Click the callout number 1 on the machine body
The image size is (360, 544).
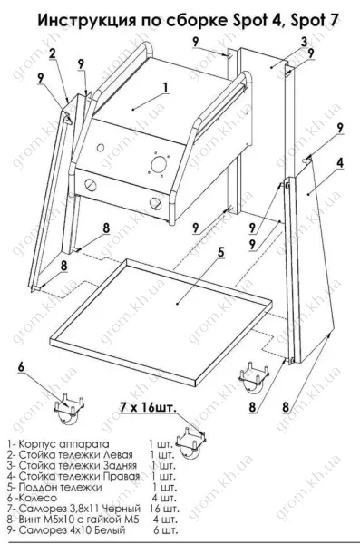pyautogui.click(x=166, y=88)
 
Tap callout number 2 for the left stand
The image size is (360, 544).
pyautogui.click(x=53, y=53)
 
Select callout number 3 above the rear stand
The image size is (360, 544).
pyautogui.click(x=305, y=42)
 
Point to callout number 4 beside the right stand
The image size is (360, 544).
pyautogui.click(x=341, y=163)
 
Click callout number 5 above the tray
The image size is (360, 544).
pyautogui.click(x=221, y=253)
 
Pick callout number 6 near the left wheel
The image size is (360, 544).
pyautogui.click(x=22, y=367)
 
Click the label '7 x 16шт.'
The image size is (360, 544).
pyautogui.click(x=148, y=408)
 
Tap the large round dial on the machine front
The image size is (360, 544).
pyautogui.click(x=159, y=164)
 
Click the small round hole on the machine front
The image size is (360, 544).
pyautogui.click(x=101, y=148)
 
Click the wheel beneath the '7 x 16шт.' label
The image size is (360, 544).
pyautogui.click(x=191, y=442)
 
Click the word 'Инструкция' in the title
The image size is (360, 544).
pyautogui.click(x=86, y=21)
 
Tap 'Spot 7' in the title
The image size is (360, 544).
pyautogui.click(x=314, y=21)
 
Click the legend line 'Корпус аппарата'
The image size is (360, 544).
pyautogui.click(x=63, y=444)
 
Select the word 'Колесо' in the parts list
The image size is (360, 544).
pyautogui.click(x=37, y=498)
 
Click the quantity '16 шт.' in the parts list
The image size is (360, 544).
pyautogui.click(x=164, y=509)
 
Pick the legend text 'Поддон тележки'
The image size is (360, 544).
pyautogui.click(x=60, y=487)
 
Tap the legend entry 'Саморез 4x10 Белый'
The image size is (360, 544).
pyautogui.click(x=72, y=530)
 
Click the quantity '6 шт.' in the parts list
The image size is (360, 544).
pyautogui.click(x=165, y=530)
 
